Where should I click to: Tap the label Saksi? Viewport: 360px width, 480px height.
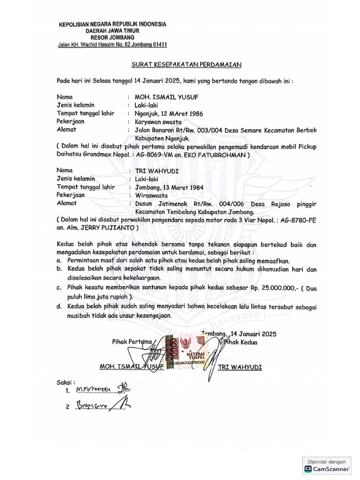(x=65, y=382)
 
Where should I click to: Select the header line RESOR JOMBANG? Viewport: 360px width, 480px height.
(x=113, y=37)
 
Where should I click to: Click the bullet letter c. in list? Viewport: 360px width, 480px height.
(x=59, y=287)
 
